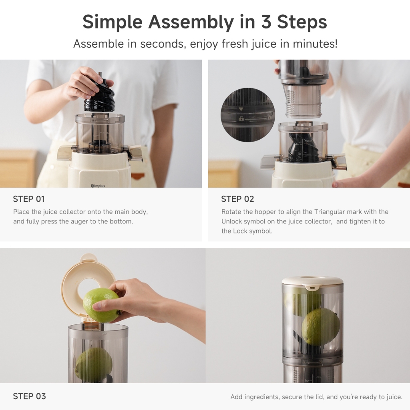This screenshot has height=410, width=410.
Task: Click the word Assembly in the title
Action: point(191,22)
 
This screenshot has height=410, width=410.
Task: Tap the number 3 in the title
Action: point(266,22)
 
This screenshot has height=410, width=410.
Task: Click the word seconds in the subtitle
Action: point(163,44)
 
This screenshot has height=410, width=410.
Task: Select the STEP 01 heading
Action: point(29,199)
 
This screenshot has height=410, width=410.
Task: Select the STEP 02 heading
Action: point(237,199)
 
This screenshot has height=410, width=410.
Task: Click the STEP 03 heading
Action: point(29,396)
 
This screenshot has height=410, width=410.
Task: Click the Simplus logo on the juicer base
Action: point(98,186)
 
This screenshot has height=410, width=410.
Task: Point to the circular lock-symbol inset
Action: point(247,115)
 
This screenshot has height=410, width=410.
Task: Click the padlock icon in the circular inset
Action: point(241,119)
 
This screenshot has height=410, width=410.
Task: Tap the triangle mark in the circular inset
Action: point(241,109)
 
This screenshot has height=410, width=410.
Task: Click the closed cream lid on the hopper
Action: point(312,282)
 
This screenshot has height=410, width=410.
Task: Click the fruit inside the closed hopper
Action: point(321,327)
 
